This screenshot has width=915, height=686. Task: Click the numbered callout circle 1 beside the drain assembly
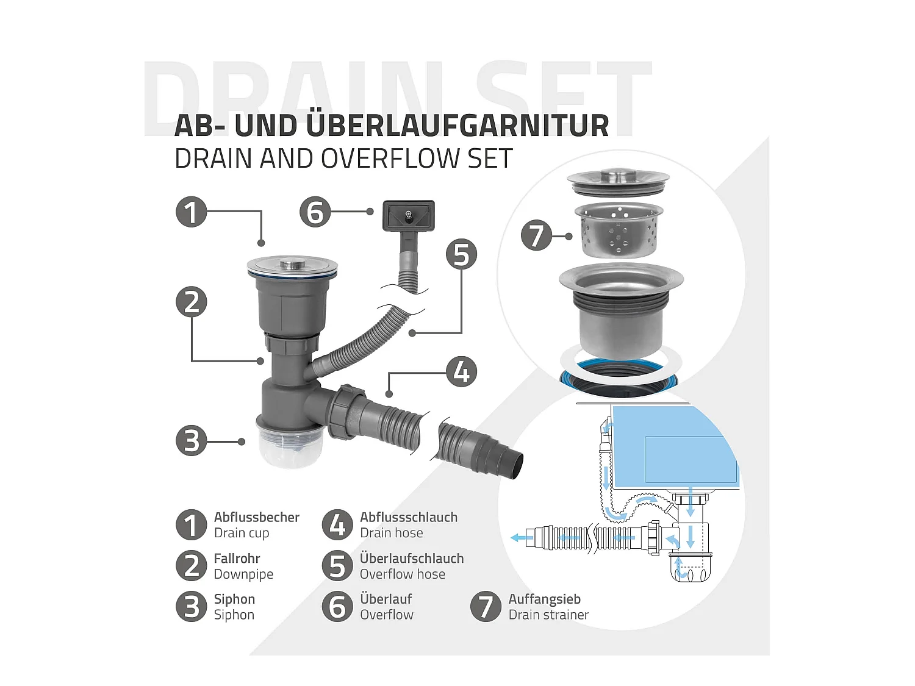192,212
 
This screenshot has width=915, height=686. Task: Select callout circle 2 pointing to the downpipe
192,302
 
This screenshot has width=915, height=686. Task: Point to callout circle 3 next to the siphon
192,441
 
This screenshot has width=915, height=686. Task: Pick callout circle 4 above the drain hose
461,372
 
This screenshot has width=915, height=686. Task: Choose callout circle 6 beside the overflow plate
315,212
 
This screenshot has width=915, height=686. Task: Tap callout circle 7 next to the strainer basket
536,235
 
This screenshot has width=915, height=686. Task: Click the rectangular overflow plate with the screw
409,216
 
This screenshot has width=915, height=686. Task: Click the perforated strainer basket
619,230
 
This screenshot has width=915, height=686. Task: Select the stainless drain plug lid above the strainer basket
619,182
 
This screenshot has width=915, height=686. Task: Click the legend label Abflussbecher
257,517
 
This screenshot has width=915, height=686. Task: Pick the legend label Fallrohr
237,558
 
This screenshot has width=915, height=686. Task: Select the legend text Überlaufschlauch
412,558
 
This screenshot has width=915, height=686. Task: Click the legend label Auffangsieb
544,599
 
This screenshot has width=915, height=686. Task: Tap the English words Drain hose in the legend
392,533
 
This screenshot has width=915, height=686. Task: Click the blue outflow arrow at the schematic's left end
522,538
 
